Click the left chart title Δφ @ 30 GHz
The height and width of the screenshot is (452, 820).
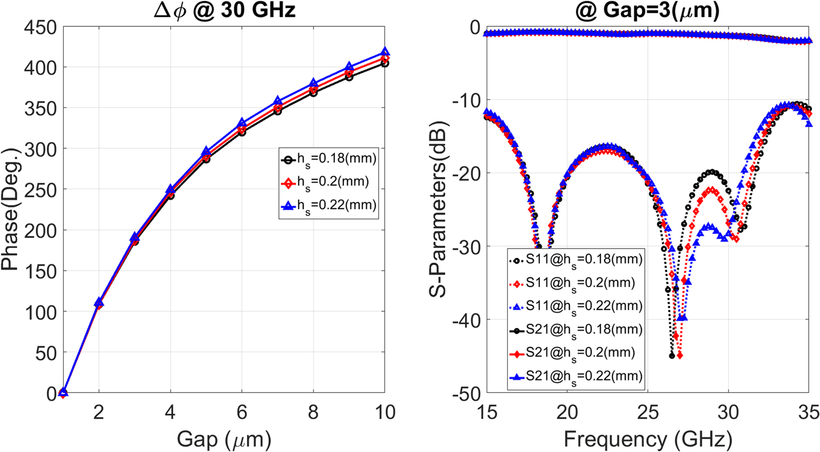point(206,11)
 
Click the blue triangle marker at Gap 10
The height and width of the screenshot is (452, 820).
point(385,52)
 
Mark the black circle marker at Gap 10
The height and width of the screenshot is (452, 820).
point(385,63)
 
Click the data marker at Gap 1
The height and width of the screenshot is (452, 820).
point(63,393)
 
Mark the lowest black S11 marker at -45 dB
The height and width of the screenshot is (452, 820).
point(672,356)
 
